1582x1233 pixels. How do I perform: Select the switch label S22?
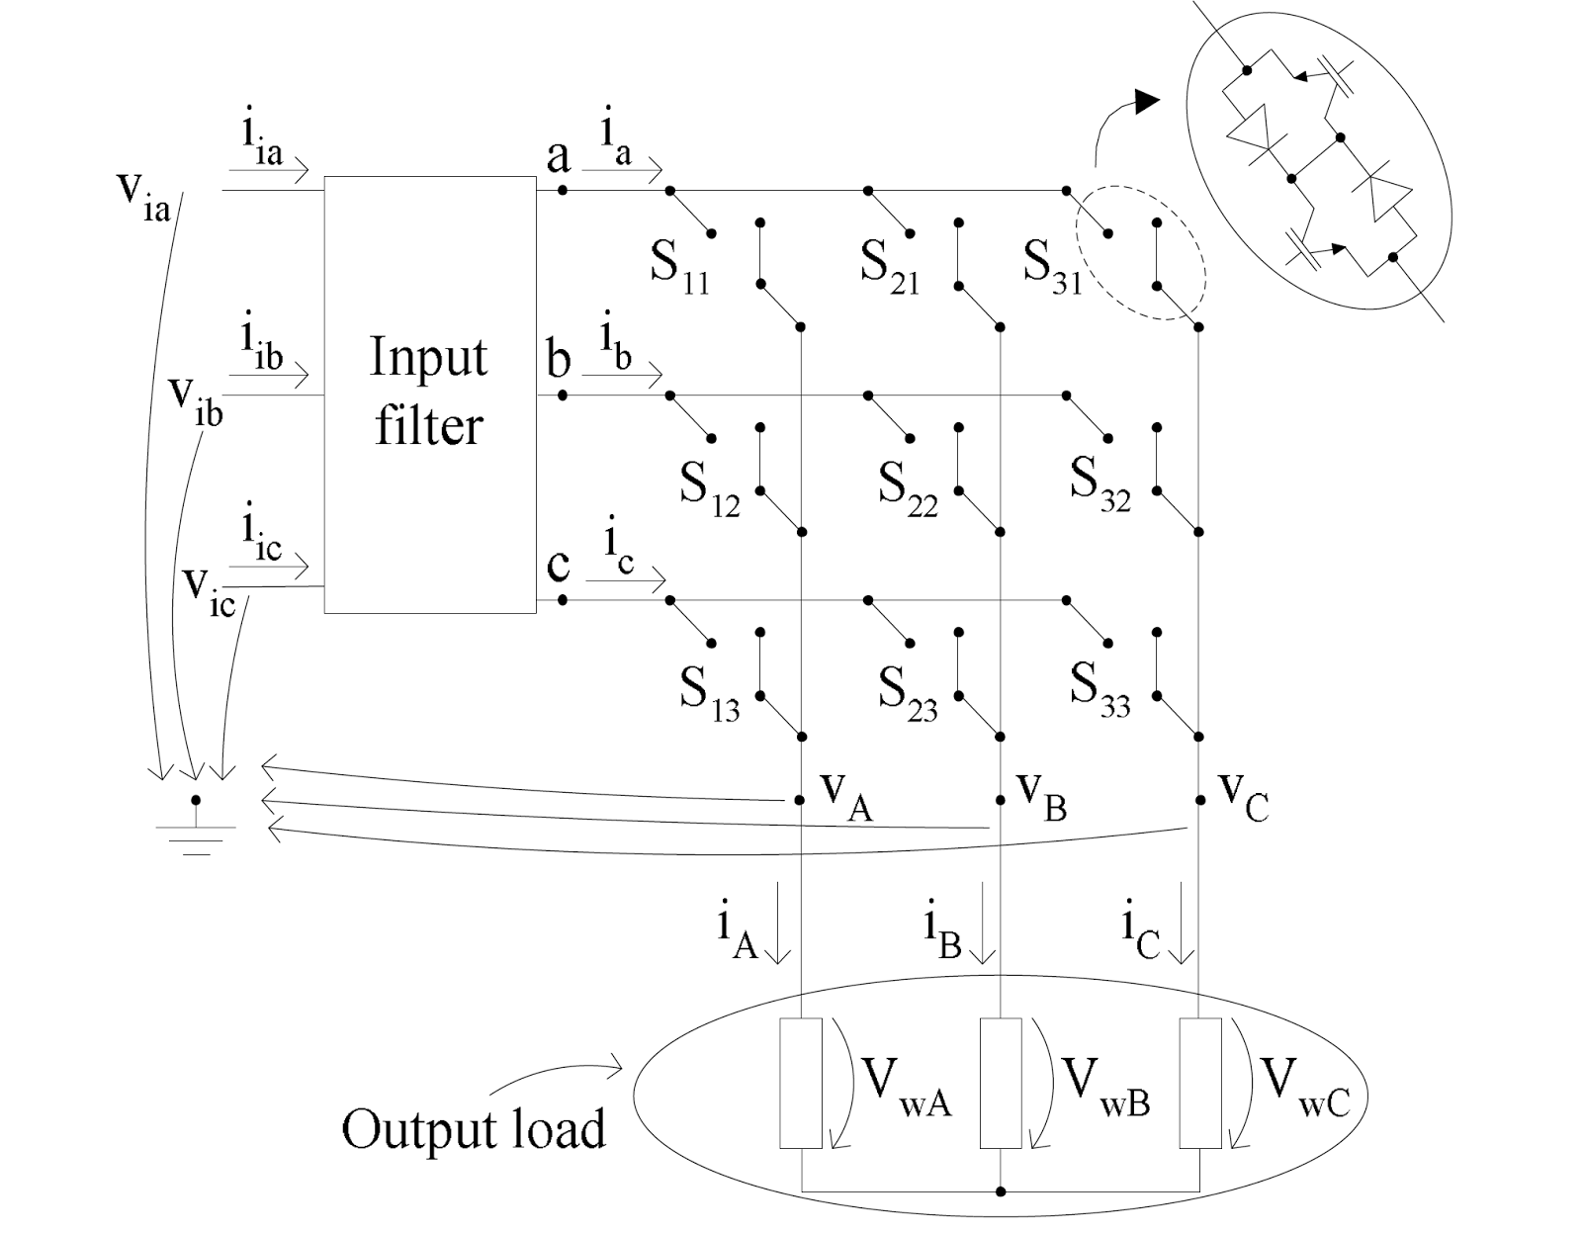[908, 488]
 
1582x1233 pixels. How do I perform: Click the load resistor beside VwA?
[800, 1083]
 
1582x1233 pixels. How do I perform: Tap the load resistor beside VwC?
[1199, 1083]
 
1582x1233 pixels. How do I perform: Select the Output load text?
[473, 1128]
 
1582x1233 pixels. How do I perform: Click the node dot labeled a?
[562, 189]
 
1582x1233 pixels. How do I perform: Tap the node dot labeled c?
[562, 599]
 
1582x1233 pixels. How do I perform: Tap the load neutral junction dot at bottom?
[1001, 1191]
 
